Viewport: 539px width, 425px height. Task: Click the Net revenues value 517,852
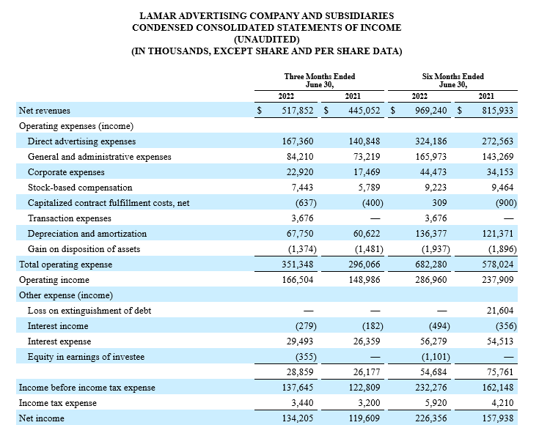click(298, 111)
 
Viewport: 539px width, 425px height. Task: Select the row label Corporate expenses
click(66, 172)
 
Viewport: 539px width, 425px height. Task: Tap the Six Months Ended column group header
click(452, 81)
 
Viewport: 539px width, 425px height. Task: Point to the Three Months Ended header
click(319, 81)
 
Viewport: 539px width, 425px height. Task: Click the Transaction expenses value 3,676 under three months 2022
click(302, 218)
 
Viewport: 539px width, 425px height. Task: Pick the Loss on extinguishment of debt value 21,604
click(500, 311)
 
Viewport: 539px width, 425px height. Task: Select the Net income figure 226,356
click(431, 418)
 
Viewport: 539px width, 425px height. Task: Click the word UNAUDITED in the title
click(267, 40)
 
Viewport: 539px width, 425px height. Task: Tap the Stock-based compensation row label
click(80, 188)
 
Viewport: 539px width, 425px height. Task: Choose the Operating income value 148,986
click(364, 280)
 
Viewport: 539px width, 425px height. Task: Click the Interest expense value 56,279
click(433, 341)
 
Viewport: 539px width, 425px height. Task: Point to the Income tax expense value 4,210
click(502, 403)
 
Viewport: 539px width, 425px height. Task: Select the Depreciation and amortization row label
click(87, 234)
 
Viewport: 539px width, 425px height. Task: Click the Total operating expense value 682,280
click(431, 265)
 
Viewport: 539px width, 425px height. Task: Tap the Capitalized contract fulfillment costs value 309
click(440, 203)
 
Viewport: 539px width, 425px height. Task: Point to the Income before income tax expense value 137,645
click(298, 387)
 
